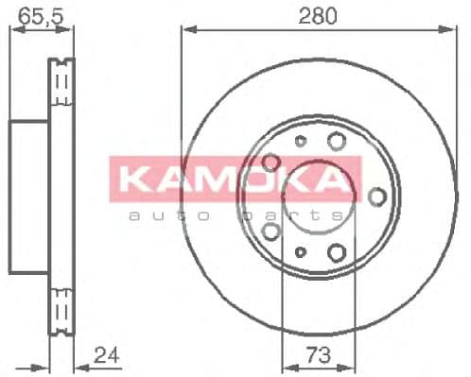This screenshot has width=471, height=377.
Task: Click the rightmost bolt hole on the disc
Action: tap(376, 196)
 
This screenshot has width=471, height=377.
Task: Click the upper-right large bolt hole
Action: tap(335, 142)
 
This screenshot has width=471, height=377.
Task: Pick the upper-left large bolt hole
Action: tap(270, 162)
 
